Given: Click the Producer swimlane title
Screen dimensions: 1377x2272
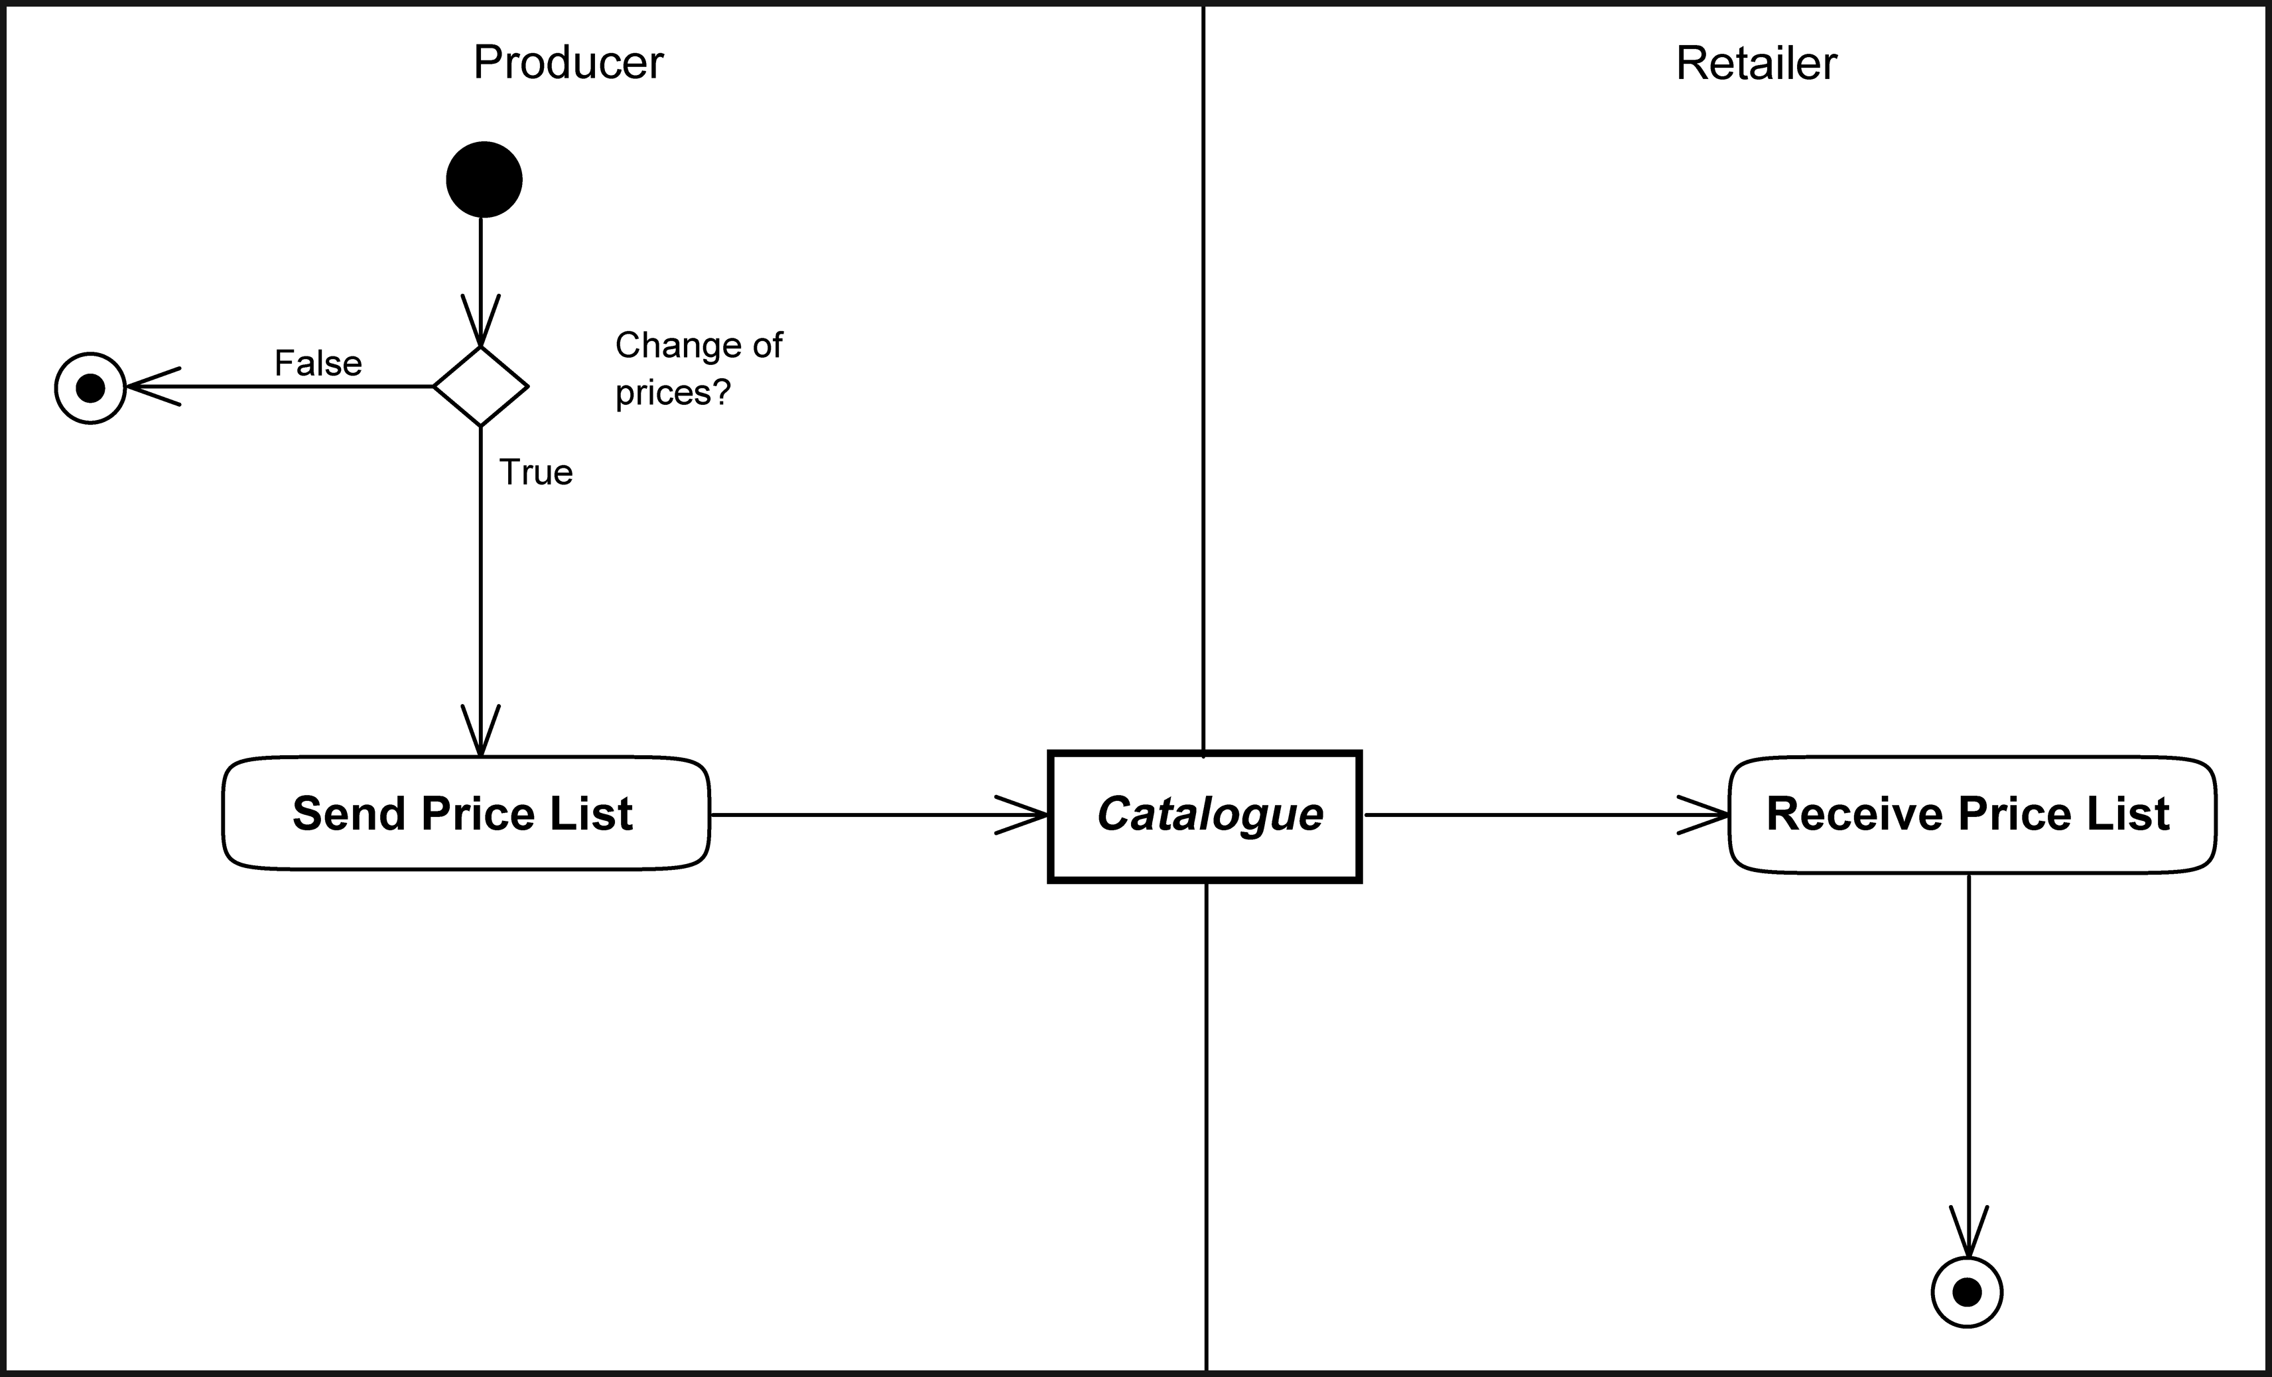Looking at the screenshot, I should pyautogui.click(x=568, y=63).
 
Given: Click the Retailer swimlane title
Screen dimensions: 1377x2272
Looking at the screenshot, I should pyautogui.click(x=1756, y=64).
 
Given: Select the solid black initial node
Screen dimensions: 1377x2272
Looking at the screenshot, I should pyautogui.click(x=484, y=180).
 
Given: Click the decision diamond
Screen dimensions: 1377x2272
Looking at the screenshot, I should pyautogui.click(x=480, y=386).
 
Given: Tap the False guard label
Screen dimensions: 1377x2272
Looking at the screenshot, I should pyautogui.click(x=318, y=364).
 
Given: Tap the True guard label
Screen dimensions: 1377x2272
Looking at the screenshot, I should pyautogui.click(x=536, y=472).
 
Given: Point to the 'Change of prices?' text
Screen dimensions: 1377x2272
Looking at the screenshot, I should pyautogui.click(x=698, y=369).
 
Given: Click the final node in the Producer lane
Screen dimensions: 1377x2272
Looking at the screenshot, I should pyautogui.click(x=90, y=388).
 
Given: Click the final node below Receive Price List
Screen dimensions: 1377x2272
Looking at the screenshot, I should pyautogui.click(x=1967, y=1292).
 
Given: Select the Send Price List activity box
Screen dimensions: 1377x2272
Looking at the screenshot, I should pyautogui.click(x=466, y=814).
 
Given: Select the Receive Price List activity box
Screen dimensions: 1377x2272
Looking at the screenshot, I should pyautogui.click(x=1971, y=814).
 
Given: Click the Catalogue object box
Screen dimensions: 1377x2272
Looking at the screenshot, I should pyautogui.click(x=1205, y=816).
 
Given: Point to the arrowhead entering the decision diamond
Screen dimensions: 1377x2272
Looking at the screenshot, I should pyautogui.click(x=480, y=323).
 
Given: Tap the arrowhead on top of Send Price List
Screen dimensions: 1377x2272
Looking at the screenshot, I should pyautogui.click(x=480, y=733).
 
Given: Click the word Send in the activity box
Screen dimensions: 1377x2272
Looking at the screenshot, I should pyautogui.click(x=348, y=814).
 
